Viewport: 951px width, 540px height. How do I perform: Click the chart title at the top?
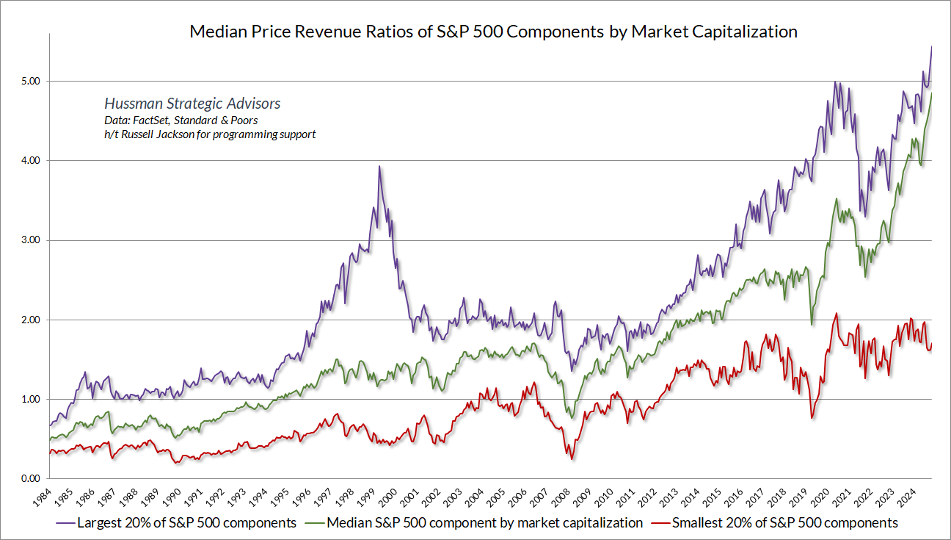click(x=493, y=32)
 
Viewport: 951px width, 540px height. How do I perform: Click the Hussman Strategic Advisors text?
click(x=192, y=104)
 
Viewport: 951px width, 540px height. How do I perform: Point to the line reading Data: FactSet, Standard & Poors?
click(x=181, y=120)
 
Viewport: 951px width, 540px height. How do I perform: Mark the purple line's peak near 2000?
click(x=379, y=167)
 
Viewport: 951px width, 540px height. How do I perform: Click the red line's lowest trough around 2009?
click(x=572, y=459)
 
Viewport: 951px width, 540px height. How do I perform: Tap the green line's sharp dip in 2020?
click(x=811, y=324)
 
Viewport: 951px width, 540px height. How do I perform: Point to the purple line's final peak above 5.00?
click(x=931, y=47)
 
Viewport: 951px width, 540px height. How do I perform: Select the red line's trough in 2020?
click(x=811, y=418)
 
